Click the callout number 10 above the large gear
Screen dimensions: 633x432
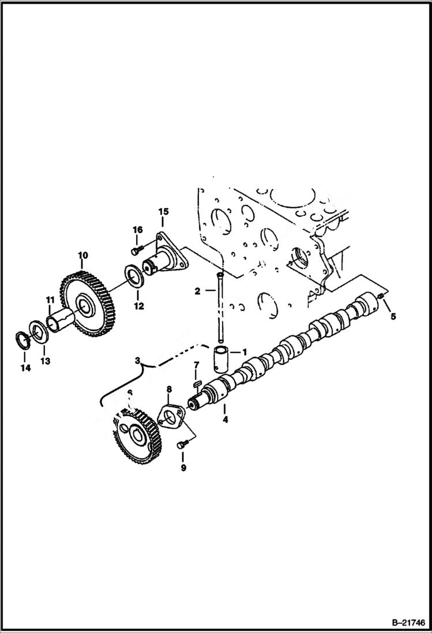point(82,254)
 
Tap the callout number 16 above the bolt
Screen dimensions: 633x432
point(137,230)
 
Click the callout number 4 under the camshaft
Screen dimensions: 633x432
point(226,419)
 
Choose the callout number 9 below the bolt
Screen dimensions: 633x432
point(183,468)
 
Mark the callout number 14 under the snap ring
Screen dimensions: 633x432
point(24,368)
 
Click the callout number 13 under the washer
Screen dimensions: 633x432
point(45,361)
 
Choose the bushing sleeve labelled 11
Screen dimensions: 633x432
point(59,321)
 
